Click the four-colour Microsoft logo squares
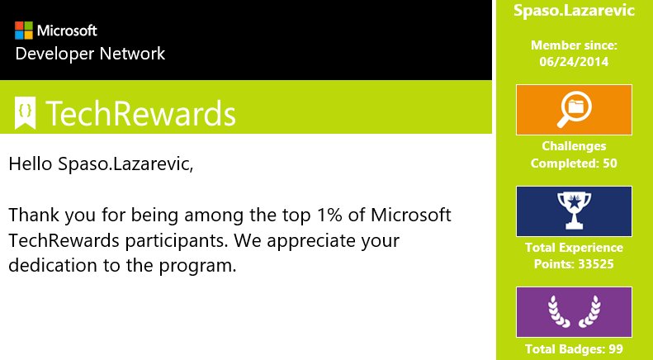(x=24, y=31)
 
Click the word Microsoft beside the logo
(x=67, y=31)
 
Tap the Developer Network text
(x=90, y=54)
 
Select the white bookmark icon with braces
(x=25, y=113)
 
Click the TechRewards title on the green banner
(x=141, y=113)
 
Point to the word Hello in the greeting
(x=31, y=163)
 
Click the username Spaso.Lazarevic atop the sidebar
(x=574, y=10)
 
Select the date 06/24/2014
(x=574, y=62)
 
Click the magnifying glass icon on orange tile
(x=575, y=110)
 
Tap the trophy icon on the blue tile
(x=574, y=211)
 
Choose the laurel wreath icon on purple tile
(x=574, y=311)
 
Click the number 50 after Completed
(x=610, y=163)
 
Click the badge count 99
(x=616, y=348)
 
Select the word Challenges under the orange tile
(x=574, y=146)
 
